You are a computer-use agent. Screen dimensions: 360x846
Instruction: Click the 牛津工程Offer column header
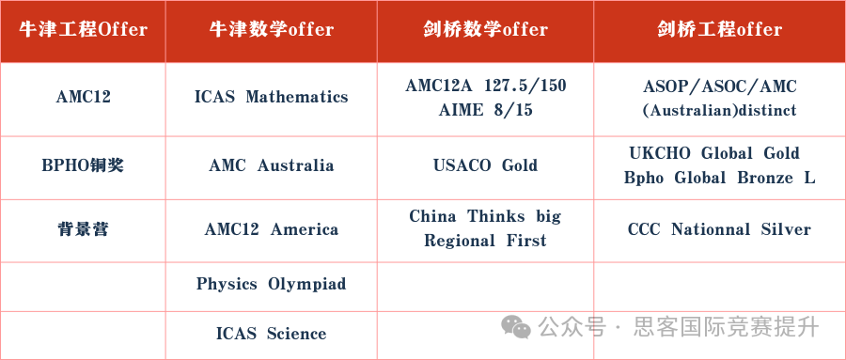83,29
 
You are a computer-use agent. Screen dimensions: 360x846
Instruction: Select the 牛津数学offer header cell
271,29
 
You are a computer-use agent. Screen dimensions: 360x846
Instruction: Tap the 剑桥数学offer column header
485,29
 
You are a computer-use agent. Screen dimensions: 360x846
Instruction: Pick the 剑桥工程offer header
719,29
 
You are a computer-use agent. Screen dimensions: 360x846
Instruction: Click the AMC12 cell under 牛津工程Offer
83,97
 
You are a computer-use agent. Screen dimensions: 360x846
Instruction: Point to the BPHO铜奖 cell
83,165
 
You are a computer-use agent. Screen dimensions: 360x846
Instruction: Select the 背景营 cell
83,229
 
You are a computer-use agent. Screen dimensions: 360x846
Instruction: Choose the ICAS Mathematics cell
271,97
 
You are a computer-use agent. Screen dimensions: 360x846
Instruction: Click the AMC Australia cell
271,165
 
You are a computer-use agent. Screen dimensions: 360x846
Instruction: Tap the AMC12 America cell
271,229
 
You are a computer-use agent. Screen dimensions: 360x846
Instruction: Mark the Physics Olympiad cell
271,284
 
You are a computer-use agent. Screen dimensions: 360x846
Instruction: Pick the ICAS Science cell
271,334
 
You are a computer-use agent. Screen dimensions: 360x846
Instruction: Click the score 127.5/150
525,86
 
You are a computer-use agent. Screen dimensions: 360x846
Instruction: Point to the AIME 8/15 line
485,110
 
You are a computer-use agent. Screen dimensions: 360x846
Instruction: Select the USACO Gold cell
485,165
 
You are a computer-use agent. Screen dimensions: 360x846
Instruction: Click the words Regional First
485,241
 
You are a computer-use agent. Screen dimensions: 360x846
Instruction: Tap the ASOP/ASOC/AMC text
719,86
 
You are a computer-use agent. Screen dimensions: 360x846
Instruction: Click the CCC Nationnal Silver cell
719,229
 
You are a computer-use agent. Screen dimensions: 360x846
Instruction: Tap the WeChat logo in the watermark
515,326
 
